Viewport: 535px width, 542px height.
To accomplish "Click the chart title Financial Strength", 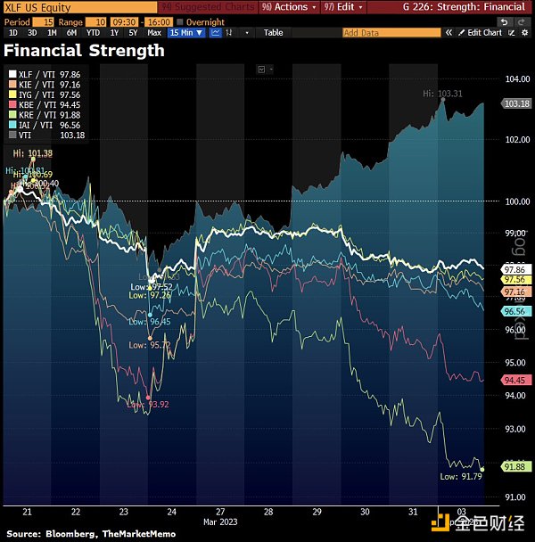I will point(85,51).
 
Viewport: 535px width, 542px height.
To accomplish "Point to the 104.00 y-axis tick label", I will point(517,79).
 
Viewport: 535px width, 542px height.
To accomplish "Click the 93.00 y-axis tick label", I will point(517,430).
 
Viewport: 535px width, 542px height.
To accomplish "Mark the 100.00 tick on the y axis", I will point(517,201).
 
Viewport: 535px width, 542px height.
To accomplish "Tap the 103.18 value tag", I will point(517,104).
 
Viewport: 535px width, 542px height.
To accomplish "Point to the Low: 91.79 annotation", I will point(460,477).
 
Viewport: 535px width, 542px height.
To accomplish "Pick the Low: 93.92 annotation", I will point(147,405).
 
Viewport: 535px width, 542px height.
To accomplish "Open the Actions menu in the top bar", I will point(286,6).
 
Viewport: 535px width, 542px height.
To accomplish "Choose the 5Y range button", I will point(132,32).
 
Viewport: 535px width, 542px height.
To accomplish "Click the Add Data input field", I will point(391,32).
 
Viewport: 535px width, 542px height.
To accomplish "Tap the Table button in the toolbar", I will point(273,32).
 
